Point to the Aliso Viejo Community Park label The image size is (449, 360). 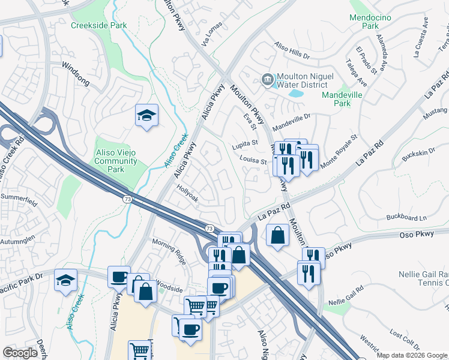pos(116,161)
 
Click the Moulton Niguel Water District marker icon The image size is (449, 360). pos(268,79)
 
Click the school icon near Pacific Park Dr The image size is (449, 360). pos(65,280)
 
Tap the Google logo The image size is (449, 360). pos(20,352)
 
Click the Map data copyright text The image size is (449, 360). pos(412,355)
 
